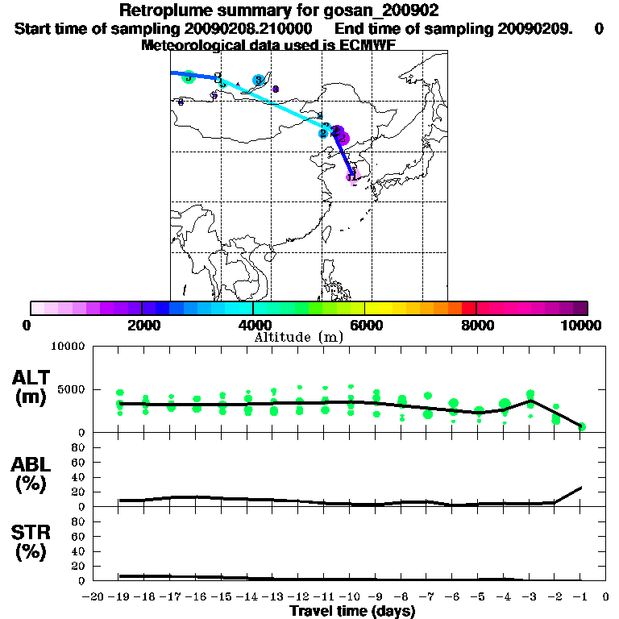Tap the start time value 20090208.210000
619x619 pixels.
coord(251,28)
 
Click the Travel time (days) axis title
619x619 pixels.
coord(352,611)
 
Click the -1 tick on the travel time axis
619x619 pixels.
coord(580,597)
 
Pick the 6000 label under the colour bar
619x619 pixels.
coord(365,325)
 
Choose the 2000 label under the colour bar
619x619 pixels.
coord(142,325)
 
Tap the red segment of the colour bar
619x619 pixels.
coord(468,308)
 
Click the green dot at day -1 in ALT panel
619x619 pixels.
coord(581,426)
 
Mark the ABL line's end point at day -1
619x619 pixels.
coord(582,487)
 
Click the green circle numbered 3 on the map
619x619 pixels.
coord(189,77)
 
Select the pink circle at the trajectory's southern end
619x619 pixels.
coord(352,177)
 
